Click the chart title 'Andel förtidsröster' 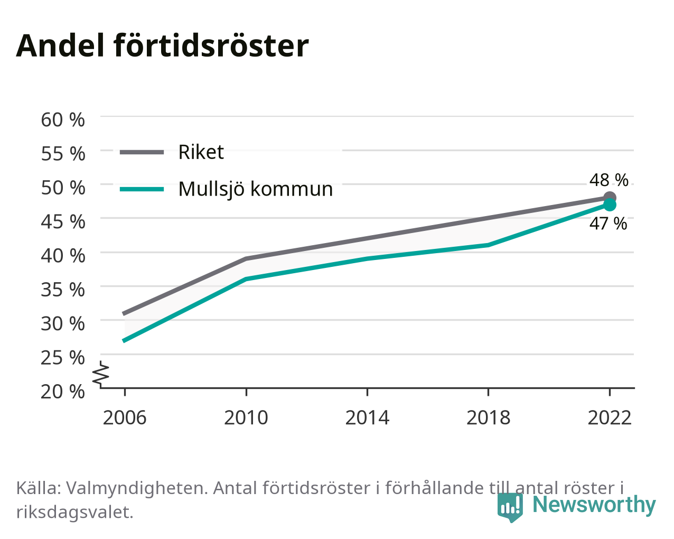pyautogui.click(x=162, y=46)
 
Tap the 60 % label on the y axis pyautogui.click(x=63, y=120)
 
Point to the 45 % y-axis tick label pyautogui.click(x=63, y=222)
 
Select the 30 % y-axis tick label pyautogui.click(x=63, y=324)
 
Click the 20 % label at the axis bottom pyautogui.click(x=63, y=392)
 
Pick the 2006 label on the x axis pyautogui.click(x=125, y=417)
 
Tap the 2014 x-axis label pyautogui.click(x=367, y=417)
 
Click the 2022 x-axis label pyautogui.click(x=610, y=417)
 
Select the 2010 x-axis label pyautogui.click(x=246, y=417)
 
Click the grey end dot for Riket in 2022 pyautogui.click(x=610, y=198)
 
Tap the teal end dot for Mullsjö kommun pyautogui.click(x=610, y=205)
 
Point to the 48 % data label pyautogui.click(x=609, y=180)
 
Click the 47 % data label pyautogui.click(x=608, y=224)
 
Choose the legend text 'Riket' pyautogui.click(x=201, y=152)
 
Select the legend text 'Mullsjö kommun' pyautogui.click(x=256, y=190)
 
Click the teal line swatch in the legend pyautogui.click(x=142, y=189)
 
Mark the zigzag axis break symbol pyautogui.click(x=101, y=373)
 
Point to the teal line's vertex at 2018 pyautogui.click(x=488, y=245)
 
